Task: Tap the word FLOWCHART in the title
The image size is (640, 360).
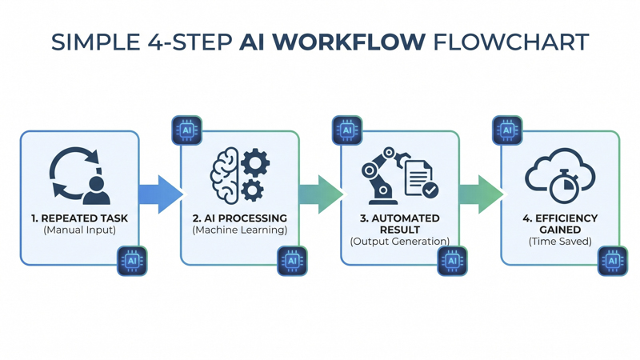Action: (511, 42)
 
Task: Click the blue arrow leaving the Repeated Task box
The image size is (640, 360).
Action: (161, 194)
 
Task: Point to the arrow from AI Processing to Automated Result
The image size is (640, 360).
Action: (321, 194)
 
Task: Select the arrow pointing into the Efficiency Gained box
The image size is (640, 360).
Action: (482, 194)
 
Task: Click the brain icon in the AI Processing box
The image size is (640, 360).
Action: (225, 175)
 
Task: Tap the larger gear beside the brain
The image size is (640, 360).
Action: (255, 162)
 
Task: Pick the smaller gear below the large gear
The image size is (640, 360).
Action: (252, 190)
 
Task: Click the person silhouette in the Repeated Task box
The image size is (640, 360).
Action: (96, 190)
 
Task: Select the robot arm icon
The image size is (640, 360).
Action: (384, 175)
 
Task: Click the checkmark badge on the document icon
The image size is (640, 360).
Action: (430, 190)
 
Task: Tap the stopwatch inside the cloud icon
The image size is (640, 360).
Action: (564, 186)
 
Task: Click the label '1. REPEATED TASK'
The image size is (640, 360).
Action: (79, 218)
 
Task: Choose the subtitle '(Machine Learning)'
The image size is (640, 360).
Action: (240, 230)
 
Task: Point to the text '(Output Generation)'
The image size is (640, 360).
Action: (400, 242)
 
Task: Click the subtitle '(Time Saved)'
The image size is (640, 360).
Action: (561, 242)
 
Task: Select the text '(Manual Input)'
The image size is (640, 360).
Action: (79, 230)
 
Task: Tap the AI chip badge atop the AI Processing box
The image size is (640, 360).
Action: (187, 130)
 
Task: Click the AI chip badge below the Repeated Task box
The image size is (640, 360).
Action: (132, 261)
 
